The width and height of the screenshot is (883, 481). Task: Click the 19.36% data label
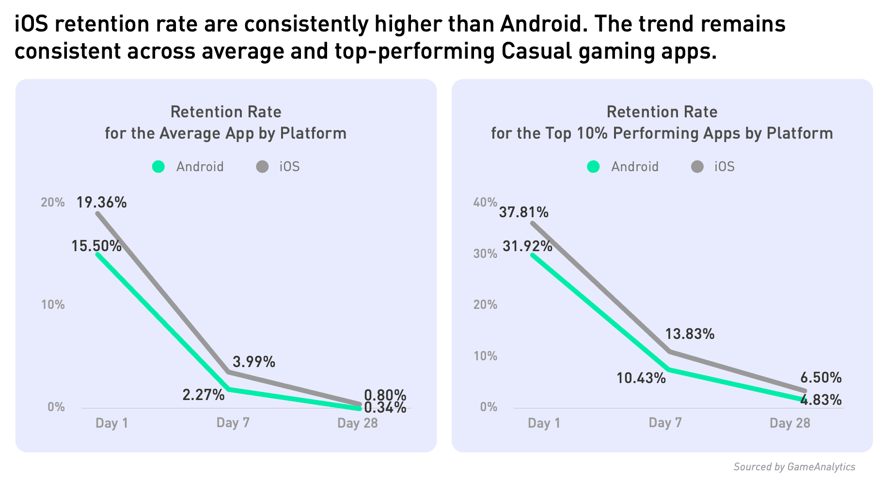102,202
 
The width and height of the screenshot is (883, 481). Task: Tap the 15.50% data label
96,246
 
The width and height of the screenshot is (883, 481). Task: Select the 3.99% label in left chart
254,362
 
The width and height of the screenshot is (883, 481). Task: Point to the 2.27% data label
204,395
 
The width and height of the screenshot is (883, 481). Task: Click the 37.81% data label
524,212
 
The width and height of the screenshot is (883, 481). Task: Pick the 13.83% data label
690,334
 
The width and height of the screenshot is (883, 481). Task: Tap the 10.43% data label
641,378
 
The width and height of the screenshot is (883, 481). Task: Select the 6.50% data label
821,378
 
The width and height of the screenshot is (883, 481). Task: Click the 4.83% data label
821,400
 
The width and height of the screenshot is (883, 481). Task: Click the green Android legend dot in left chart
158,167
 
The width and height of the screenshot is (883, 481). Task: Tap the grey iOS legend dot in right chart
697,167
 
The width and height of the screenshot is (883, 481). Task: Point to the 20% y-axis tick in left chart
53,202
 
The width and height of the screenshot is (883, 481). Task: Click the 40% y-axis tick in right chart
485,202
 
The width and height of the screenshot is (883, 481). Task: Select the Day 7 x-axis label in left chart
233,423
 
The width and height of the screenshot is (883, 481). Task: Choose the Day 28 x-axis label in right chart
790,423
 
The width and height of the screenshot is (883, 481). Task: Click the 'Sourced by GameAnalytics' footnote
794,467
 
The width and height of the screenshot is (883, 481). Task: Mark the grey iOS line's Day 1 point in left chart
98,213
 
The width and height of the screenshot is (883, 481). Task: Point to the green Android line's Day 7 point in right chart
669,369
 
